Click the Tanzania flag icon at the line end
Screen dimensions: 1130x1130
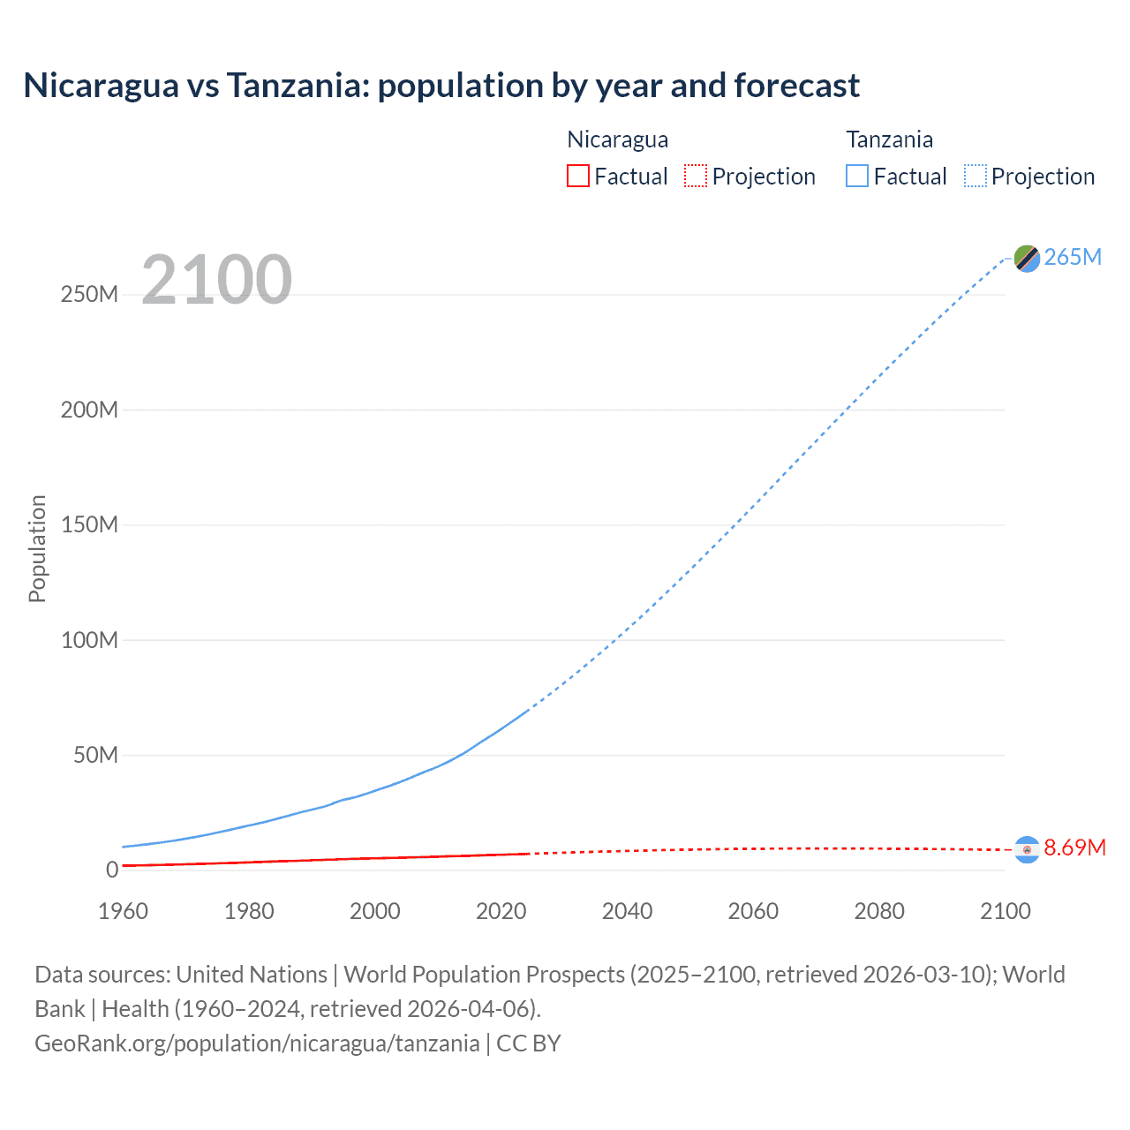click(1027, 258)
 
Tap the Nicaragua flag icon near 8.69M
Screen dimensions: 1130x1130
click(1027, 848)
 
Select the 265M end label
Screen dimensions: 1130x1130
click(1073, 257)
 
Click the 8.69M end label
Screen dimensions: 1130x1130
click(1074, 847)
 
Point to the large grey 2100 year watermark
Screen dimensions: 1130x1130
click(216, 280)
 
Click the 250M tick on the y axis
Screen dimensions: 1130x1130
click(89, 294)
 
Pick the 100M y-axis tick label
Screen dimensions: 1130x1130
click(89, 640)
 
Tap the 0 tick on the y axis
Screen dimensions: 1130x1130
click(112, 870)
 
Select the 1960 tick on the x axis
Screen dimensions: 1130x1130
click(123, 911)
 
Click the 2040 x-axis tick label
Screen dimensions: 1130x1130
click(627, 911)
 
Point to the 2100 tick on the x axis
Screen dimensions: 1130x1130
click(1005, 911)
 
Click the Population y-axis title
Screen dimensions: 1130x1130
click(37, 548)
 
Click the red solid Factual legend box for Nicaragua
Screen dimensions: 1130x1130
click(577, 176)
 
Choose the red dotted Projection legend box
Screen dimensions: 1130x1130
click(696, 176)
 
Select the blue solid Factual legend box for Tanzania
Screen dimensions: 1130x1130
click(857, 176)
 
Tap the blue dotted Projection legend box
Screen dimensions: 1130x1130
click(976, 176)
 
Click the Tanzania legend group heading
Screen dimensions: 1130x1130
click(889, 139)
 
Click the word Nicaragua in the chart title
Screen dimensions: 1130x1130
click(102, 86)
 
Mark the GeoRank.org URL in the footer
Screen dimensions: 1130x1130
click(257, 1043)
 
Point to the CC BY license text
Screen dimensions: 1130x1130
click(529, 1043)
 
